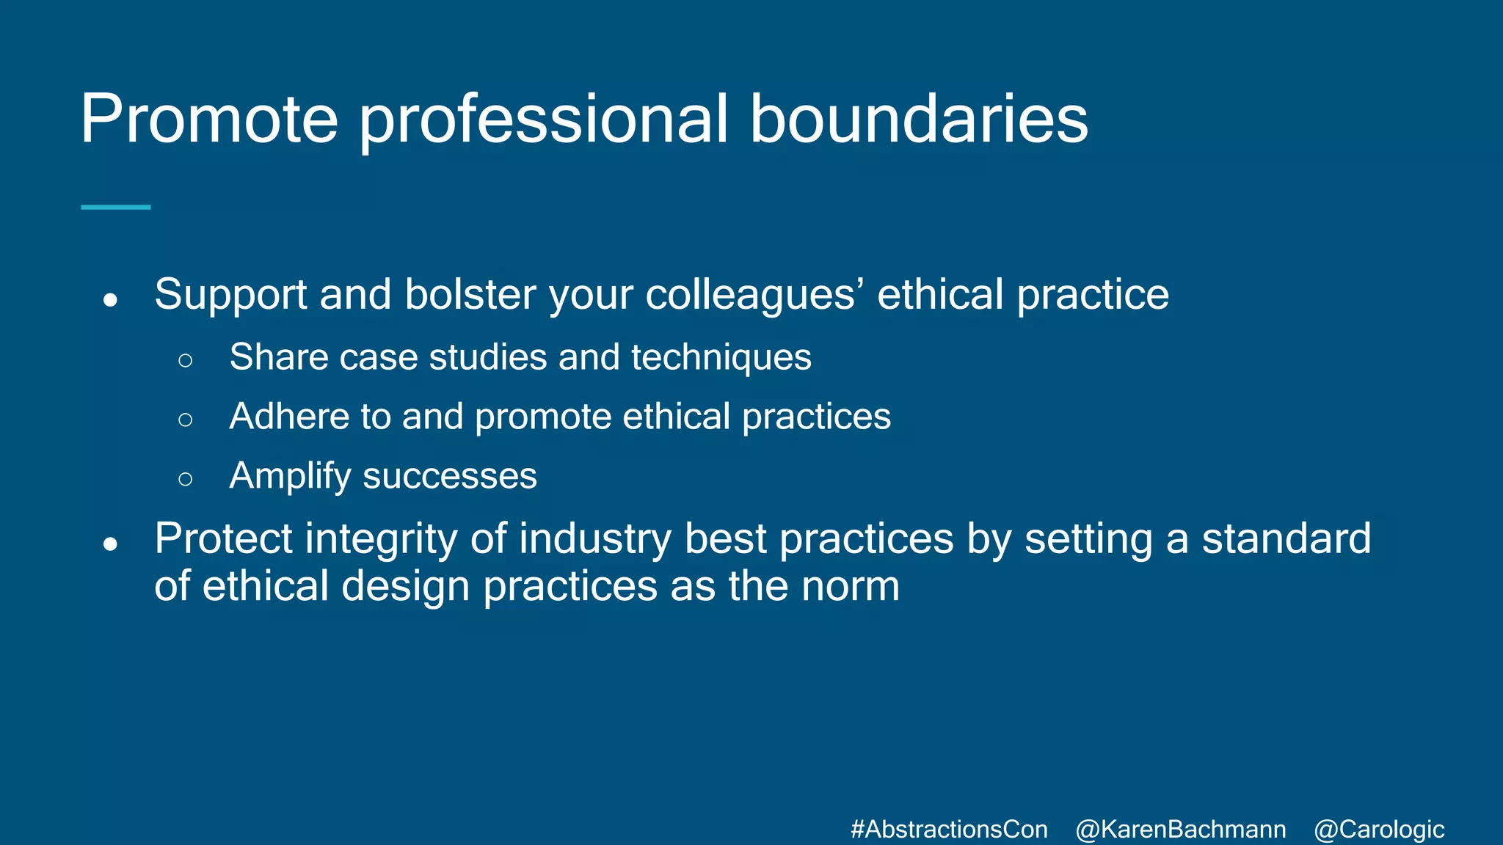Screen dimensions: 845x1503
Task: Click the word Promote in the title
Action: (x=209, y=120)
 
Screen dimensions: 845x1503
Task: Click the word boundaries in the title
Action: (x=919, y=120)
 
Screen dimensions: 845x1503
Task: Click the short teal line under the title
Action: (x=116, y=208)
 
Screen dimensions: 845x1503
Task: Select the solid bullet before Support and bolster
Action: (x=111, y=300)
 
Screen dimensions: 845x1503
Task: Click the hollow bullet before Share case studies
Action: (x=186, y=360)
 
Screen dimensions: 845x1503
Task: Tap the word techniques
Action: (x=721, y=358)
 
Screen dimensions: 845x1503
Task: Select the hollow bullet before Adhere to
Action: (x=186, y=420)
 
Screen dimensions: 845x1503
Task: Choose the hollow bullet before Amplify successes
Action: (x=186, y=479)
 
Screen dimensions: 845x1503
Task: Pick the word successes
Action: (x=450, y=477)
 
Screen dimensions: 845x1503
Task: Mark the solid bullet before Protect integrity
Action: (x=111, y=544)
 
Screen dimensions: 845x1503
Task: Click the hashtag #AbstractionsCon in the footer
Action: (x=949, y=830)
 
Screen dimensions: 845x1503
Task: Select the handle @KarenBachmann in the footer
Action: (x=1181, y=830)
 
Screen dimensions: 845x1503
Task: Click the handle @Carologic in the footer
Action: (x=1379, y=830)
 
